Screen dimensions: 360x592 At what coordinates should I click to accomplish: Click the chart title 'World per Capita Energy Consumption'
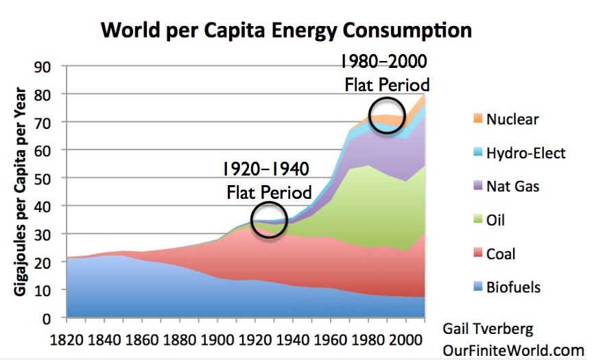(286, 30)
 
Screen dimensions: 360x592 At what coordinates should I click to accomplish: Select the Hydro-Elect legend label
(526, 153)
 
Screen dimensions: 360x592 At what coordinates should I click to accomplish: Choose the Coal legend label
(501, 254)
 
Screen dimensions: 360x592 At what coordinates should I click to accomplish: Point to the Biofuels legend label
(514, 287)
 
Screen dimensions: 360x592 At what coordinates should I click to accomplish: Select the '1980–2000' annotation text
(384, 62)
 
